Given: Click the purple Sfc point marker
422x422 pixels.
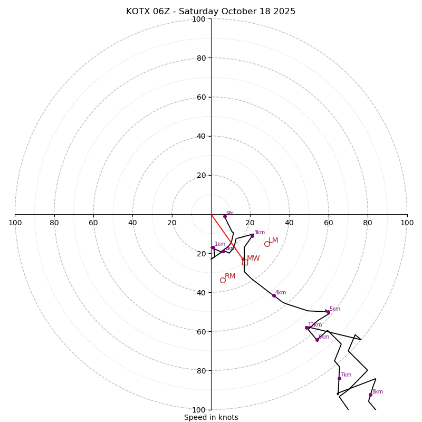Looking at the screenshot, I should pos(225,216).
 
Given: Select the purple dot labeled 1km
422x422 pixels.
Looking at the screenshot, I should pos(213,247).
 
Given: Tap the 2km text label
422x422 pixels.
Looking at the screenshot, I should pos(230,248).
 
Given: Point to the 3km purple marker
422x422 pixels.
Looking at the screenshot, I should pos(252,236).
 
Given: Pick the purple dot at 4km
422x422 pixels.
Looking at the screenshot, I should pos(274,295).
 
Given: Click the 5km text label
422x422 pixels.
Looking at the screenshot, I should pos(334,309).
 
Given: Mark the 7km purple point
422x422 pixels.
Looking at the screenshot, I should pos(339,378).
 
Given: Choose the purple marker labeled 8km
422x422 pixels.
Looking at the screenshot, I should pos(370,395).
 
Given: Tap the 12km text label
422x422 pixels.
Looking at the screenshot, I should pos(315,325).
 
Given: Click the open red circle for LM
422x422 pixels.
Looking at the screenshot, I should pos(267,244).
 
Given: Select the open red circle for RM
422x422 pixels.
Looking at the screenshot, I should pos(223,280).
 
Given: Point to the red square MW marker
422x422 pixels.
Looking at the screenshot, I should pos(245,262).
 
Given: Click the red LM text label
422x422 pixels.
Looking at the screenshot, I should pos(273,241).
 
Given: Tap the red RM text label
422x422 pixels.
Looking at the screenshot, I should pos(230,276).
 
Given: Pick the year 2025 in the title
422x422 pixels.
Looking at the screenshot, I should pos(284,12).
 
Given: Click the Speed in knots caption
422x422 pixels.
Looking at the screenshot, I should pos(211,417).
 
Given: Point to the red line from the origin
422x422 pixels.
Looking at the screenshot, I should pos(227,237).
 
